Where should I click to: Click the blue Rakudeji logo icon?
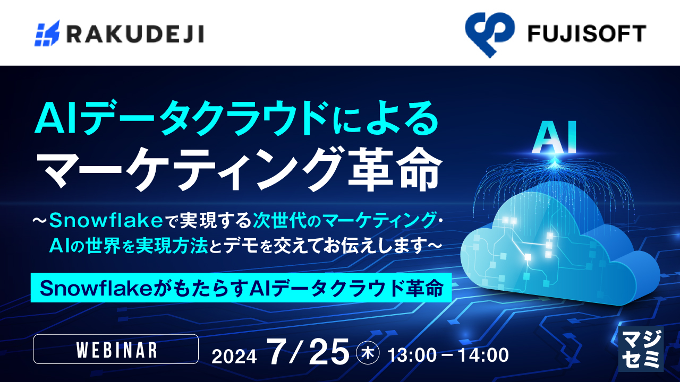coord(47,33)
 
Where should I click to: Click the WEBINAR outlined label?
coord(116,349)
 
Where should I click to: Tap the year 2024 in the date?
coord(234,355)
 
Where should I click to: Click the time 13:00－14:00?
coord(448,354)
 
